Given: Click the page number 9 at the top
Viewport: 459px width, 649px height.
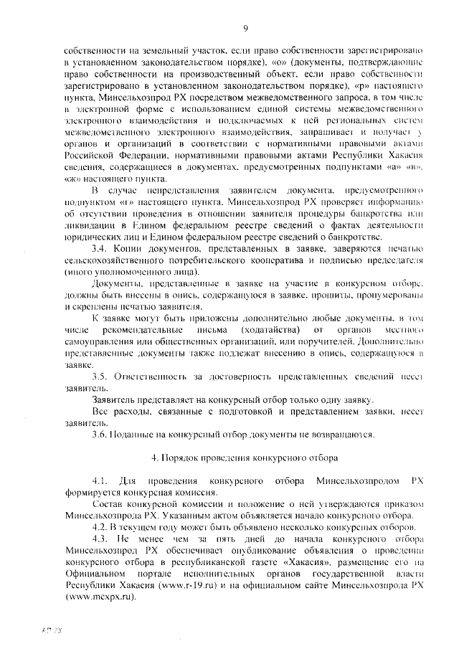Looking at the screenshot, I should click(245, 28).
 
